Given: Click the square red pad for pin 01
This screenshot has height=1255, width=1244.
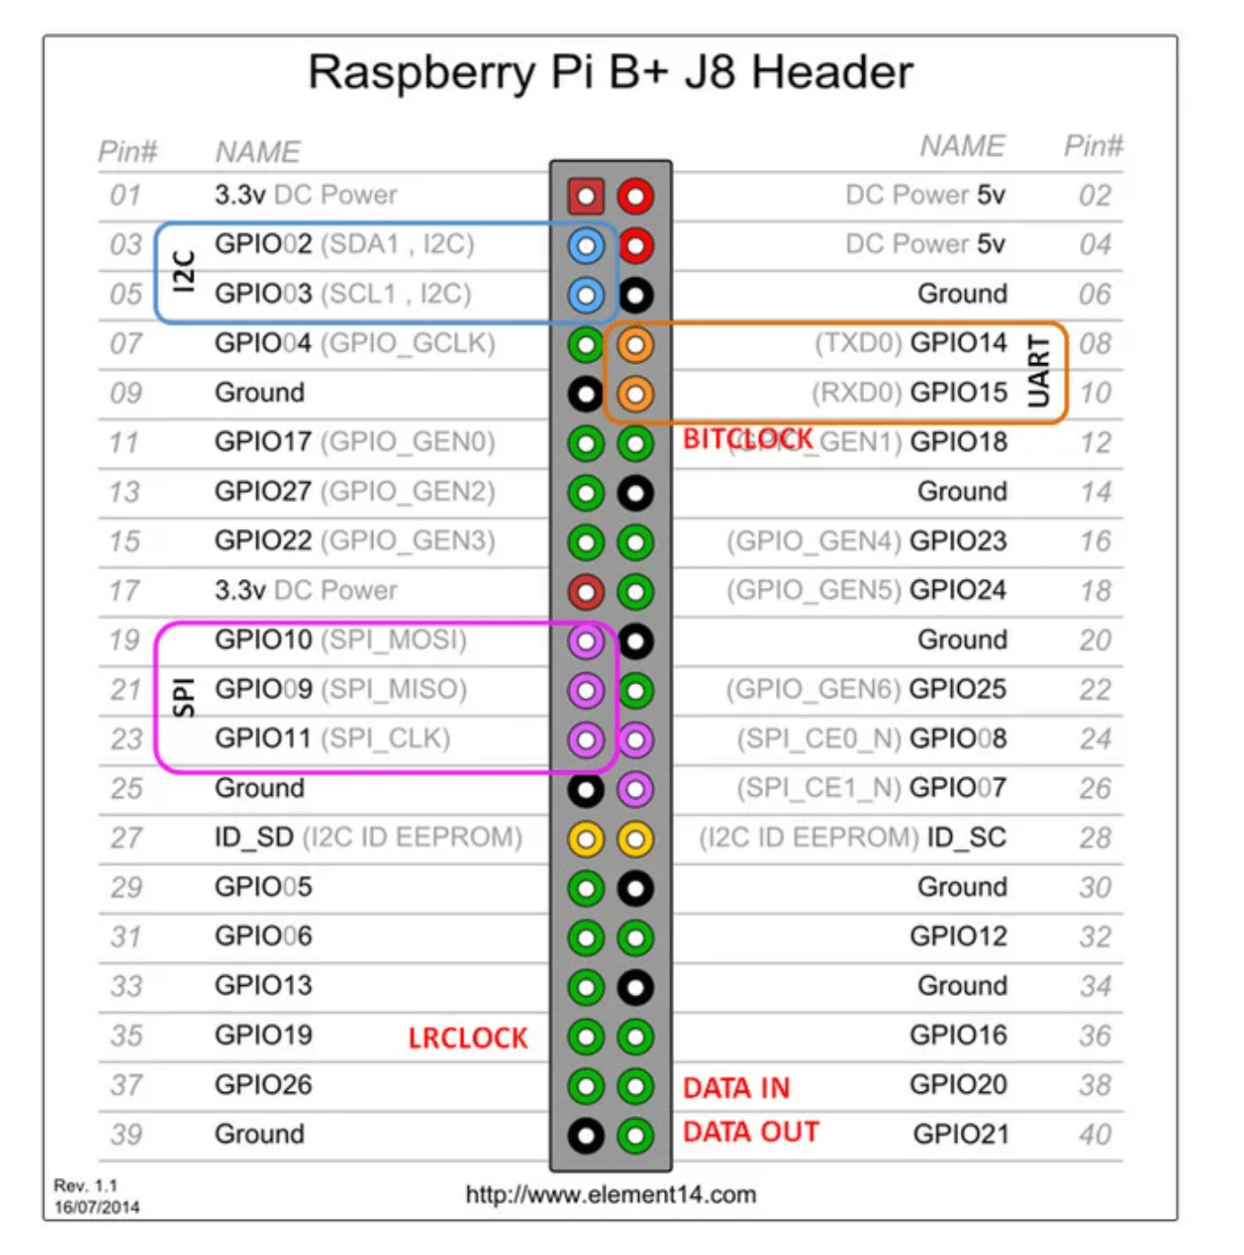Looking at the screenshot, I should tap(585, 196).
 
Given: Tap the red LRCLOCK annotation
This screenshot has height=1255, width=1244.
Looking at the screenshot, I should tap(468, 1038).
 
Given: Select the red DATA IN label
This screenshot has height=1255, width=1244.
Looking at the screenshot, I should tap(736, 1087).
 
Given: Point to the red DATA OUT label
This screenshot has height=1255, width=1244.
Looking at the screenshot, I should tap(750, 1132).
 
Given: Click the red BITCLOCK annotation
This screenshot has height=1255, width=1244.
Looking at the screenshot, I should tap(747, 439).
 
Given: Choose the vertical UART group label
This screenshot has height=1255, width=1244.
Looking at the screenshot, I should tap(1039, 371).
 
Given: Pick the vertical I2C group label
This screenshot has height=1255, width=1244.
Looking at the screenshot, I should tap(184, 271).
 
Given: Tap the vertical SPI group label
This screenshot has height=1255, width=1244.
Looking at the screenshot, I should tap(184, 697).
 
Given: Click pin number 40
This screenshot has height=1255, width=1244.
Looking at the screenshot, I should tap(1095, 1135).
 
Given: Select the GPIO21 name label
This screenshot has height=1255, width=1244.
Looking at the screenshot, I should tap(960, 1135).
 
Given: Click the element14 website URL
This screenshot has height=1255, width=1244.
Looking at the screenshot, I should tap(610, 1195).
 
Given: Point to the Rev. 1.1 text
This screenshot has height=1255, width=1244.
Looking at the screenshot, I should tap(85, 1186).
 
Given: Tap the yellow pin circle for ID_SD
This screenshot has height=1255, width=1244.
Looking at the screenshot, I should tap(585, 839).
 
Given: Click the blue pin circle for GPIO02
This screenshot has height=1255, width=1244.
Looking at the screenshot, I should tap(585, 246).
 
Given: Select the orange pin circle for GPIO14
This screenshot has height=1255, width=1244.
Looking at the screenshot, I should tap(635, 344).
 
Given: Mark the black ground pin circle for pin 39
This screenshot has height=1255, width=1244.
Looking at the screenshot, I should tap(585, 1136).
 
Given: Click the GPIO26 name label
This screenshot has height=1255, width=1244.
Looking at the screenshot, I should tap(263, 1085).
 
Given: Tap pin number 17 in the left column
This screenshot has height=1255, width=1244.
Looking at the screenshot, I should tap(125, 591).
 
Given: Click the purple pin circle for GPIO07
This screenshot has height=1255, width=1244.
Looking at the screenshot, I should tap(635, 789).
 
